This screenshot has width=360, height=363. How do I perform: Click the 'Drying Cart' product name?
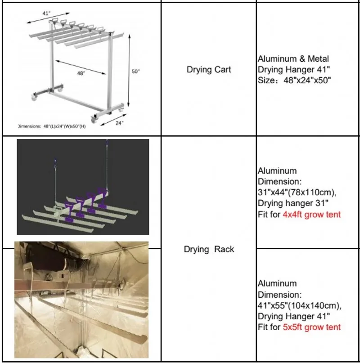coord(208,70)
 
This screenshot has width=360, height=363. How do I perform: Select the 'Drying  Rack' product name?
coord(209,249)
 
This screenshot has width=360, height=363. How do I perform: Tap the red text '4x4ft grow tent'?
coord(311,215)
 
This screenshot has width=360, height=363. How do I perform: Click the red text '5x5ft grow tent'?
coord(311,327)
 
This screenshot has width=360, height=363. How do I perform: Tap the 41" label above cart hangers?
coord(47,13)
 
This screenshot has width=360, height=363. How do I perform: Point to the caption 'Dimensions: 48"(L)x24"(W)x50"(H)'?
coord(51,126)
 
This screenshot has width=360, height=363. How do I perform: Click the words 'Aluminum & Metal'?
coord(293,58)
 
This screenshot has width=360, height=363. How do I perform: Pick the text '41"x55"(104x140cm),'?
coord(299,305)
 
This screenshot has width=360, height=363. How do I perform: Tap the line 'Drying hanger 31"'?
coord(293,204)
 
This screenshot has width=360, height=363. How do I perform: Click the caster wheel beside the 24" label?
coord(94,119)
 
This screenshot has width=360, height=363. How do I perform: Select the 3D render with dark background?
coord(83,186)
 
